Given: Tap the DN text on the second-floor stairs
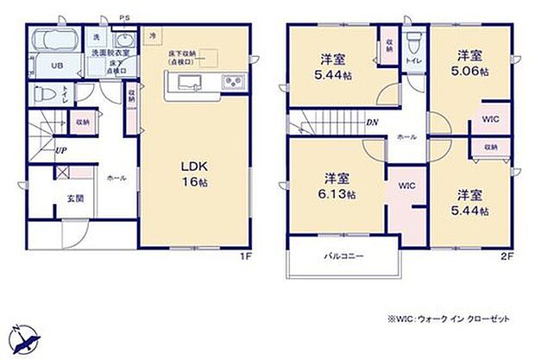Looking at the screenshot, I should tap(370, 122).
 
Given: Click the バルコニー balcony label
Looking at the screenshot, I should tap(344, 256).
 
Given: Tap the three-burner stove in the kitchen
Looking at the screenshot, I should tap(232, 83).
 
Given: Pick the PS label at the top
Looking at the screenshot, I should tap(125, 16).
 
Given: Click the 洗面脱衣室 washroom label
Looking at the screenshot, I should tap(110, 54).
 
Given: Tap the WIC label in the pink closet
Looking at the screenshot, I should tap(406, 185).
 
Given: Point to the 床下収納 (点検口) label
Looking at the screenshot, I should tap(181, 58).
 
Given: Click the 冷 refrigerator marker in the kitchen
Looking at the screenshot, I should tap(153, 35).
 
